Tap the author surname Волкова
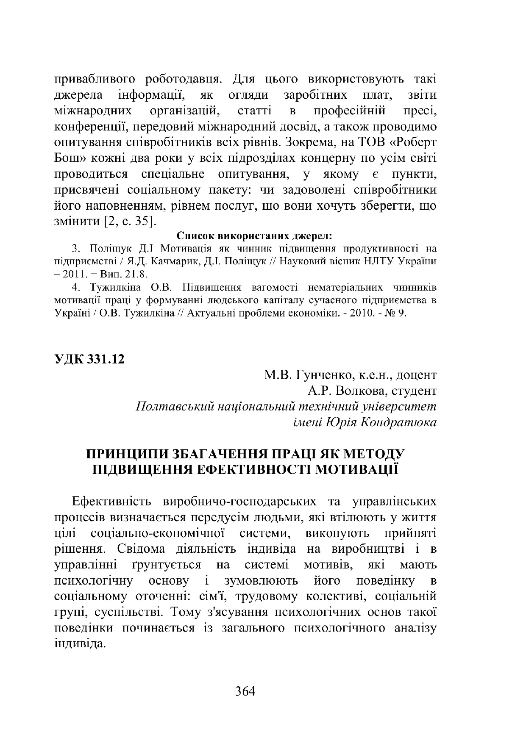(358, 391)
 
